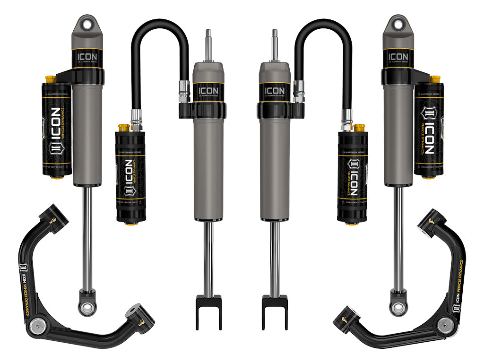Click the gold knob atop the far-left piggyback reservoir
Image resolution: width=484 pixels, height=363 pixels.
tap(48, 78)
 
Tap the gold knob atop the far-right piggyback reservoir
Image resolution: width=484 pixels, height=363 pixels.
tap(435, 78)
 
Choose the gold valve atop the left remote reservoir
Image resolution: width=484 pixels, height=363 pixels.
tap(124, 128)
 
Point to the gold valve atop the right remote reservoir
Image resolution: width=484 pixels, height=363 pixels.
tap(359, 128)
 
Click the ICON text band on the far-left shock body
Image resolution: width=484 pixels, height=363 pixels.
tap(87, 58)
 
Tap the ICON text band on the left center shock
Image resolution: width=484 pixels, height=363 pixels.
tap(208, 90)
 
